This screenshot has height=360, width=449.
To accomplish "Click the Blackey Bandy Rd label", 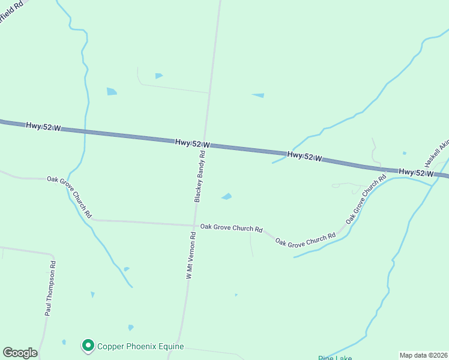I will coord(200,176).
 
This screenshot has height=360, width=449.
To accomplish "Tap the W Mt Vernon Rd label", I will coord(190,256).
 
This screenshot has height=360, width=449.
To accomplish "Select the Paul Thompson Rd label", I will coord(50,289).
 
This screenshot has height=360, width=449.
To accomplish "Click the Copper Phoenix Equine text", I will coord(140,346).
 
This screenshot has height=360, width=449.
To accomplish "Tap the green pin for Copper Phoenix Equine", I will coord(88,346).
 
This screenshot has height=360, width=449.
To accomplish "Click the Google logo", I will coord(20,353).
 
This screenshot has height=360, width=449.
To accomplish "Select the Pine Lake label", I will coord(335,358).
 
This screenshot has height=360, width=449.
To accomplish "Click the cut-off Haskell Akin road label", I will coord(436,154).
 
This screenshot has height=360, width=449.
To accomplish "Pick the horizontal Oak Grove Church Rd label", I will coord(232,228).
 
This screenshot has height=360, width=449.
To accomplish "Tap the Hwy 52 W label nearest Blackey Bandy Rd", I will coord(193,143).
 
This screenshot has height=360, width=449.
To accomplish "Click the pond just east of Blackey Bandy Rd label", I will coord(227,196).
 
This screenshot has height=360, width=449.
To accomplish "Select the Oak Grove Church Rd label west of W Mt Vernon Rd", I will coord(70,196).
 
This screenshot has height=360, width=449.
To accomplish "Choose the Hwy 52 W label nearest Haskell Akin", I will coord(416,173).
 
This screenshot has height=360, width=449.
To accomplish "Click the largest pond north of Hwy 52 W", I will coord(112,91).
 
